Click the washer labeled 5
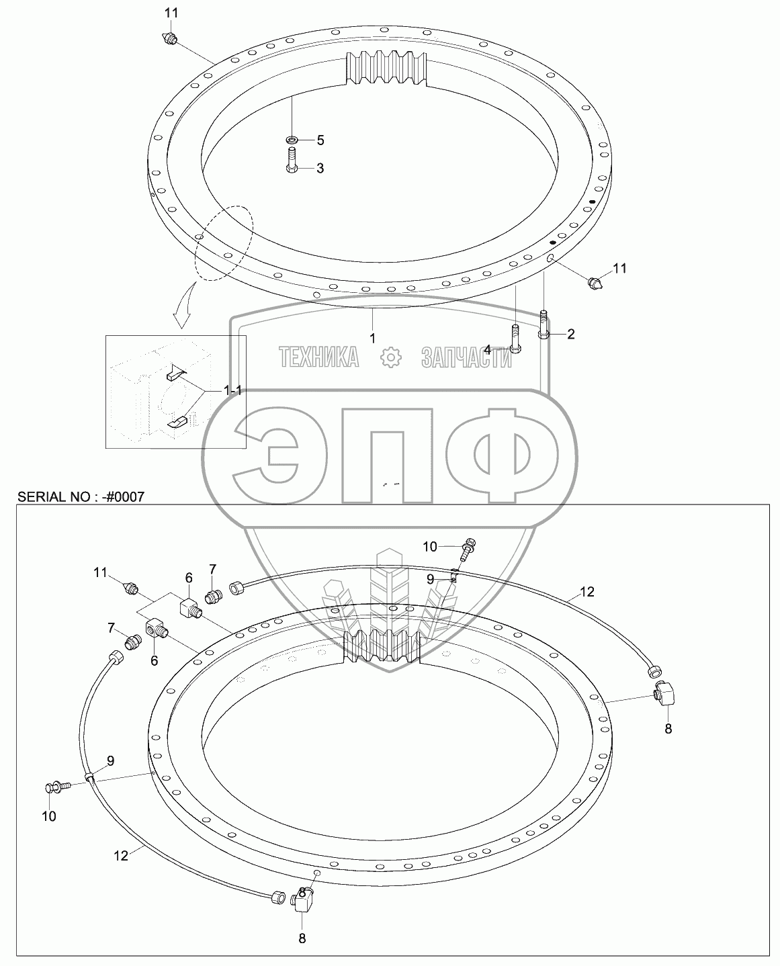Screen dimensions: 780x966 coord(292,140)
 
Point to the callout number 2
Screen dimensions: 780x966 coord(570,334)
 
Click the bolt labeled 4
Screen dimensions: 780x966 coord(515,338)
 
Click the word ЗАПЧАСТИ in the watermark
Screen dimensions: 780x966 coord(466,358)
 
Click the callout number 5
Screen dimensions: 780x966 coord(320,140)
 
